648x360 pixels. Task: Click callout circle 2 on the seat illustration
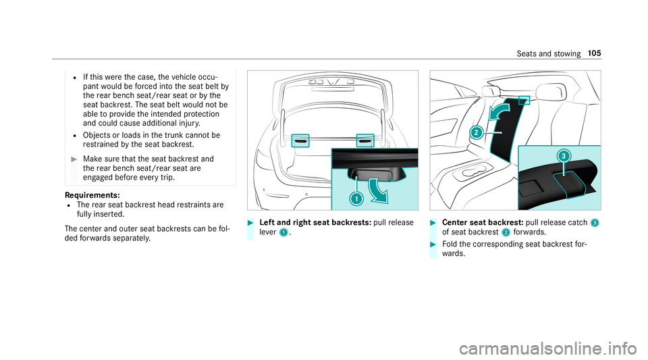tap(477, 132)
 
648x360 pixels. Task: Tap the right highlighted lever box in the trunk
tap(365, 141)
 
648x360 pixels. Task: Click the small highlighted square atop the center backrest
tap(523, 101)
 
